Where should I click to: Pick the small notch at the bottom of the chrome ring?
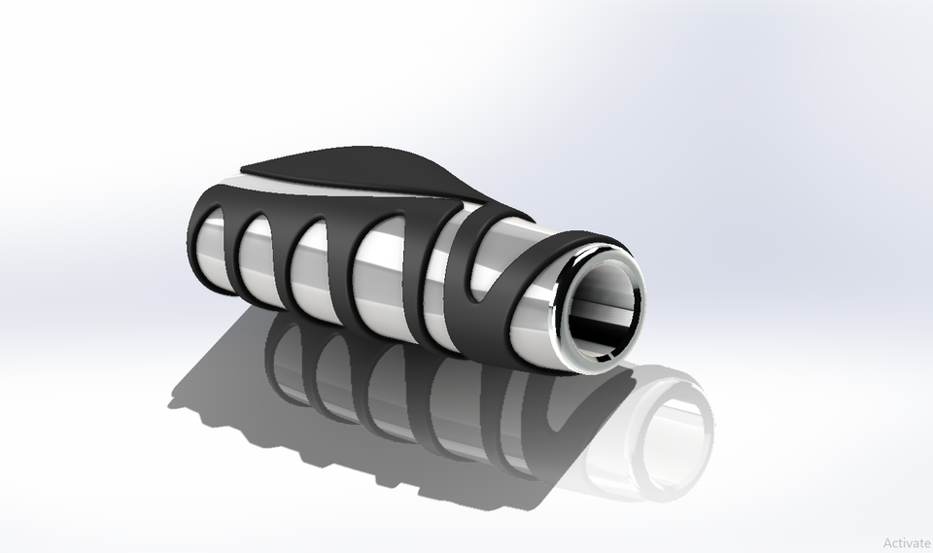[598, 363]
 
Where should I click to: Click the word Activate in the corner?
[907, 543]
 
